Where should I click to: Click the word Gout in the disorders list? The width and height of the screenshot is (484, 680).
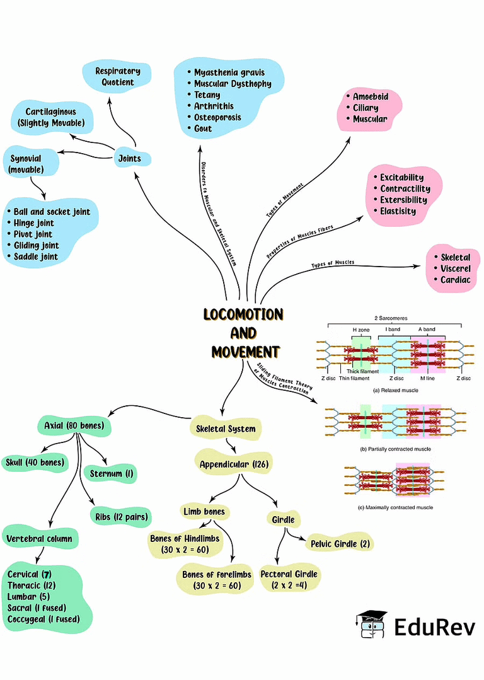coord(203,129)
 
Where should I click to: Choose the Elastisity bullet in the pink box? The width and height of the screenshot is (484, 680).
coord(398,212)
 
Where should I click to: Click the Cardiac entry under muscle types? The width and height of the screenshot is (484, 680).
coord(455,280)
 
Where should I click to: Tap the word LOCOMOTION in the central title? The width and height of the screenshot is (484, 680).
coord(243,314)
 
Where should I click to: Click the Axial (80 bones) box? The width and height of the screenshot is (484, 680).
coord(74,427)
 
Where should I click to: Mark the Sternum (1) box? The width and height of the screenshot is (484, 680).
coord(110,473)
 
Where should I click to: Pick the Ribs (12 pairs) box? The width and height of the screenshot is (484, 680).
coord(120,517)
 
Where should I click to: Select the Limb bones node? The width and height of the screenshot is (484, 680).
coord(203,510)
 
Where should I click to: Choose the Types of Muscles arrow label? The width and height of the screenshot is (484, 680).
coord(333,263)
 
